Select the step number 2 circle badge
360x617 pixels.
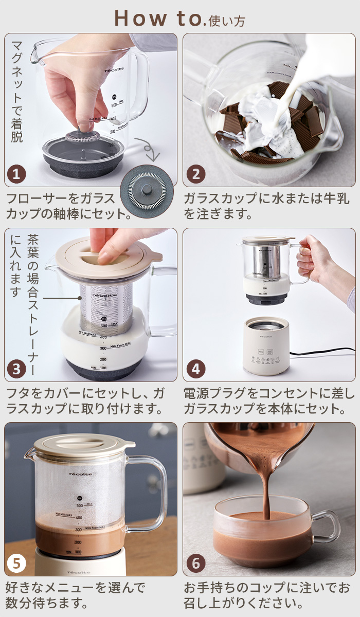pyautogui.click(x=195, y=174)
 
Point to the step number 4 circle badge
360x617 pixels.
pyautogui.click(x=195, y=369)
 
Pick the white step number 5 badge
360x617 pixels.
pyautogui.click(x=16, y=563)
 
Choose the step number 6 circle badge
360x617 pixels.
pyautogui.click(x=195, y=563)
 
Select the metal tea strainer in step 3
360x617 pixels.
pyautogui.click(x=105, y=308)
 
